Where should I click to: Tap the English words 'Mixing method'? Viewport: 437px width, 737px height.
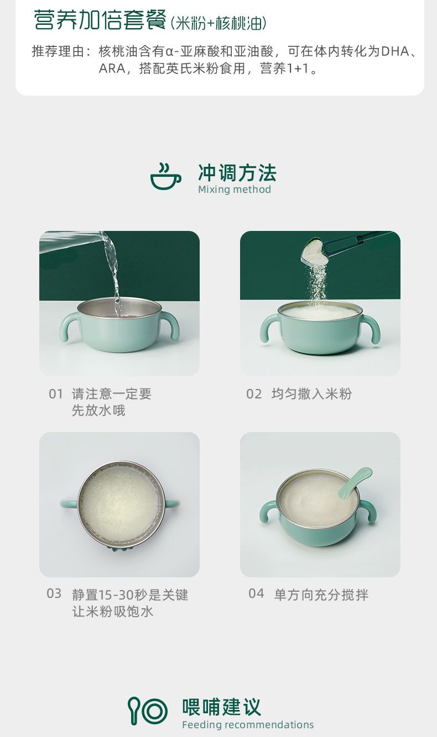pyautogui.click(x=235, y=190)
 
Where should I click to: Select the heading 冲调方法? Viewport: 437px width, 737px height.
pyautogui.click(x=237, y=173)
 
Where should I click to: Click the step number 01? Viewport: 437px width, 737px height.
pyautogui.click(x=56, y=394)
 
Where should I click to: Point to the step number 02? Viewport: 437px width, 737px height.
pyautogui.click(x=254, y=394)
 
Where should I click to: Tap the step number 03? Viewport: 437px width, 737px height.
pyautogui.click(x=54, y=594)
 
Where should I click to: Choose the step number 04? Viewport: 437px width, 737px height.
pyautogui.click(x=256, y=594)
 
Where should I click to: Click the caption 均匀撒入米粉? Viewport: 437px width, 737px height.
pyautogui.click(x=311, y=394)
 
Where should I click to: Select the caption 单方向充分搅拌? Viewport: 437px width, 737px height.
pyautogui.click(x=321, y=595)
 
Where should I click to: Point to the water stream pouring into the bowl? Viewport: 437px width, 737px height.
pyautogui.click(x=113, y=273)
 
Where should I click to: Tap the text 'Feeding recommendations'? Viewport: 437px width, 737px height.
pyautogui.click(x=248, y=725)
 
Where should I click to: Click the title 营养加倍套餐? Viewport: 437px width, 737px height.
pyautogui.click(x=100, y=21)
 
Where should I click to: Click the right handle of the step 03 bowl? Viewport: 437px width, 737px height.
pyautogui.click(x=171, y=503)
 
